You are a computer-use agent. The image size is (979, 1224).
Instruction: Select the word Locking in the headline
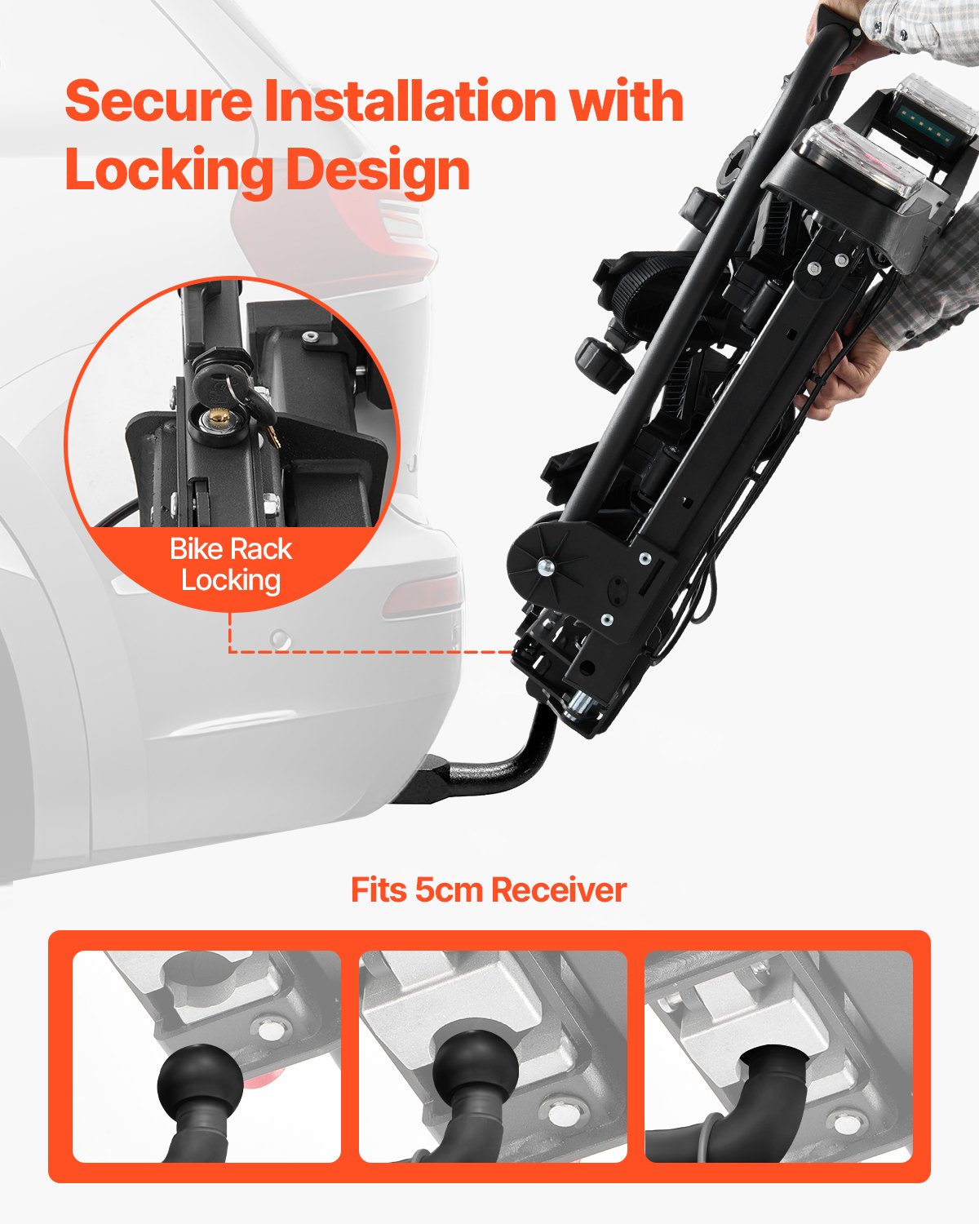168,171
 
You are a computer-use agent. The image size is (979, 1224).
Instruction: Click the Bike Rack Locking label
231,565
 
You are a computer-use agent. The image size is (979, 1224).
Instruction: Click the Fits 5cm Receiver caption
489,889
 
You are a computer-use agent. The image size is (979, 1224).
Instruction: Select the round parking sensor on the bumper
281,639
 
